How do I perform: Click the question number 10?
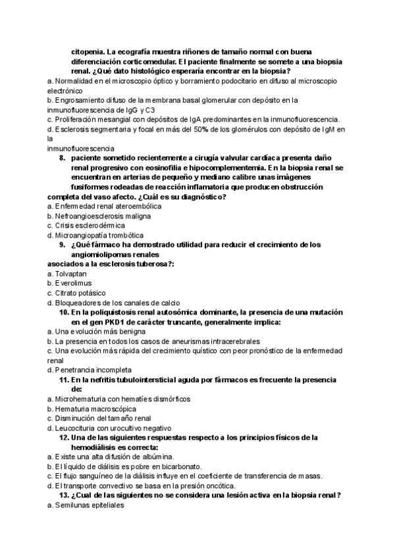point(64,313)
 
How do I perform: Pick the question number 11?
point(64,380)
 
